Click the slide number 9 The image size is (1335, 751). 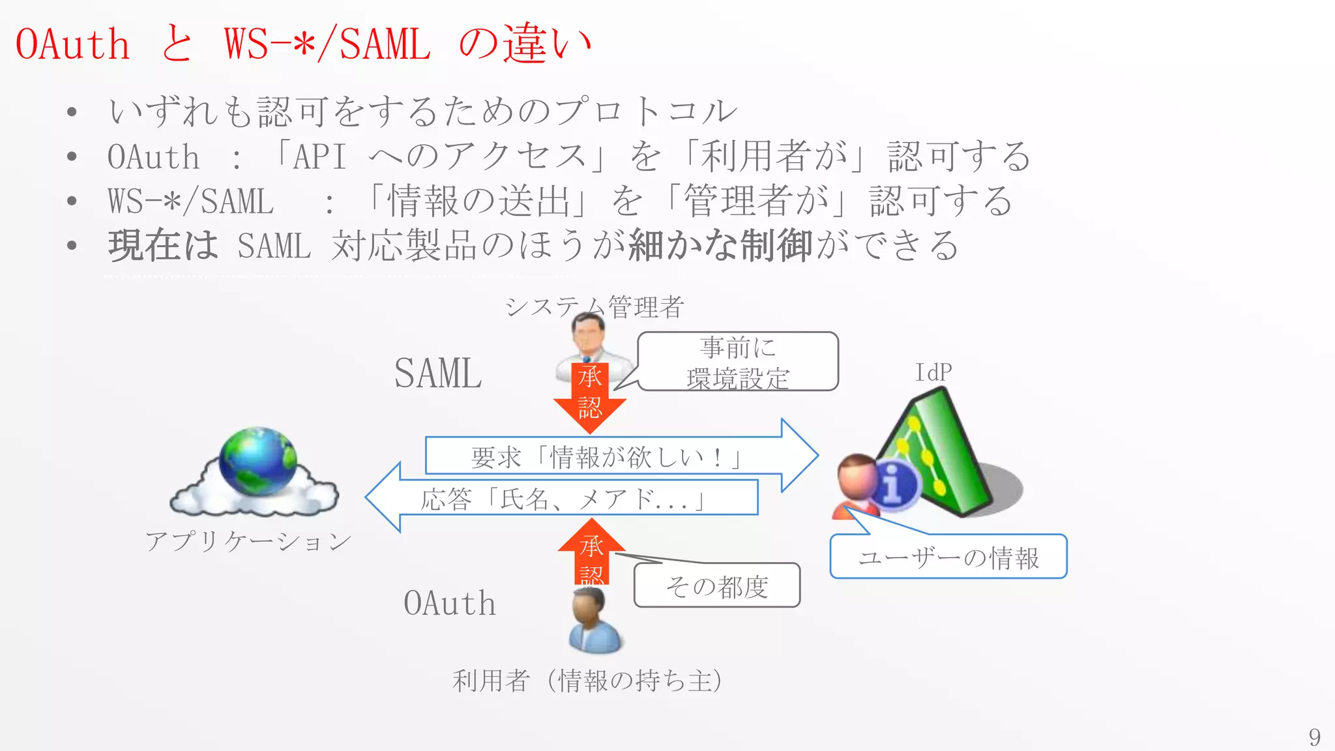pos(1314,737)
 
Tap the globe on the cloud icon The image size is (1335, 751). pos(258,461)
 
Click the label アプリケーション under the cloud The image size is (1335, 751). pos(248,541)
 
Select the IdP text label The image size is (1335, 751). pos(933,373)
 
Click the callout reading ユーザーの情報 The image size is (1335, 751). pos(948,557)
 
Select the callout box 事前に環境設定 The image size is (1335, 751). pos(738,362)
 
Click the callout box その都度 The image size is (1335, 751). pos(717,586)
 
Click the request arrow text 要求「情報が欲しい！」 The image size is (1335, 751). pos(606,456)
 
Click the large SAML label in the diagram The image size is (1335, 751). pos(438,374)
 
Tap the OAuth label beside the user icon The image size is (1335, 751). pos(450,603)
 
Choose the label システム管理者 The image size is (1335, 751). pos(594,306)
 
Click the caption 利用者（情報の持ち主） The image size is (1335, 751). pos(587,681)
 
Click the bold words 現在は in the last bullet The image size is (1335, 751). pos(163,246)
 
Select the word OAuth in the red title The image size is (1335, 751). pos(72,44)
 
